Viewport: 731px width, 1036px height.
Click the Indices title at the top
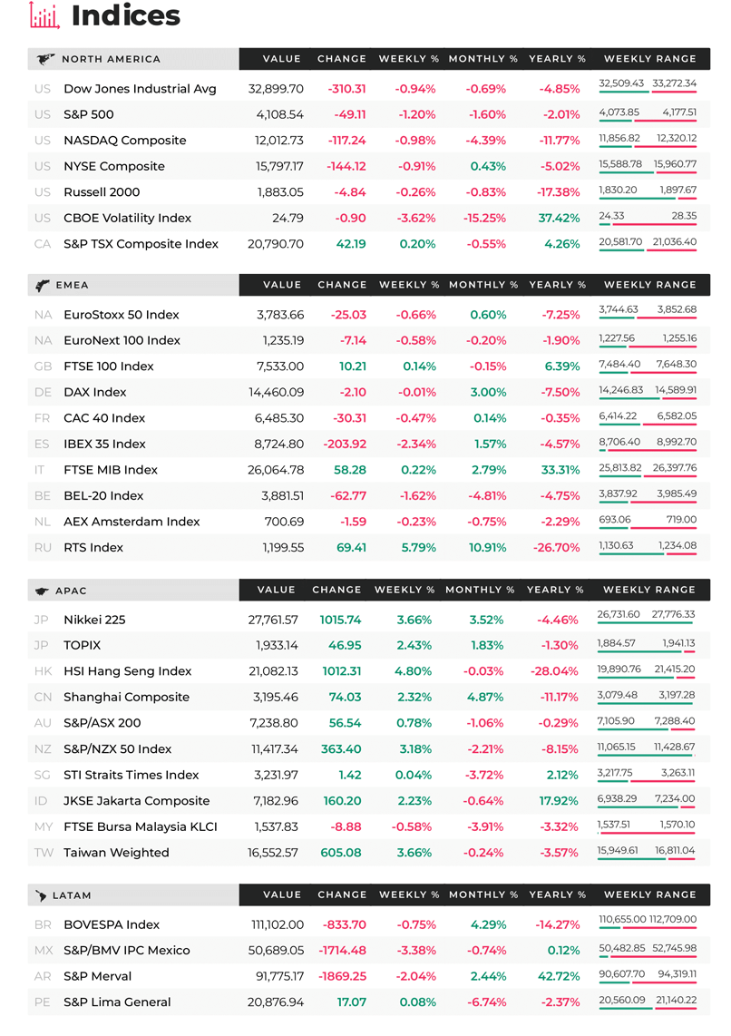pyautogui.click(x=125, y=15)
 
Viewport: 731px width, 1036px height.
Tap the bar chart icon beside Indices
pyautogui.click(x=44, y=15)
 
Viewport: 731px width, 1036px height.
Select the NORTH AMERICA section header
pyautogui.click(x=111, y=59)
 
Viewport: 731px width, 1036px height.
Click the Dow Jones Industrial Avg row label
pyautogui.click(x=140, y=89)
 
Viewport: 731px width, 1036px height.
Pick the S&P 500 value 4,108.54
pyautogui.click(x=280, y=114)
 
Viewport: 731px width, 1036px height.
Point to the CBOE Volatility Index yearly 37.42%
pyautogui.click(x=560, y=218)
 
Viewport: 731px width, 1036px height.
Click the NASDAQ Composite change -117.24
pyautogui.click(x=346, y=140)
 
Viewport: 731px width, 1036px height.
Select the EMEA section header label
pyautogui.click(x=72, y=285)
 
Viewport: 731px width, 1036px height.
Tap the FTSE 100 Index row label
pyautogui.click(x=108, y=366)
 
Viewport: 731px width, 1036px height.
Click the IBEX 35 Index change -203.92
pyautogui.click(x=345, y=444)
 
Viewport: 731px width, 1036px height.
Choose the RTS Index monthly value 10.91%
pyautogui.click(x=487, y=548)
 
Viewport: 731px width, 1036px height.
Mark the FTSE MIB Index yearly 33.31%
pyautogui.click(x=560, y=470)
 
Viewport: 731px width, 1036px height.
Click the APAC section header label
pyautogui.click(x=72, y=591)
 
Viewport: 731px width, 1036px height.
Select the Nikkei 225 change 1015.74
pyautogui.click(x=341, y=620)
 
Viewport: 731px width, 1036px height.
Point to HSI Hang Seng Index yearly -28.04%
pyautogui.click(x=555, y=671)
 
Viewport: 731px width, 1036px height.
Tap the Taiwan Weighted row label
pyautogui.click(x=116, y=853)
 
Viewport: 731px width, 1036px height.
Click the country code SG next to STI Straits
pyautogui.click(x=42, y=775)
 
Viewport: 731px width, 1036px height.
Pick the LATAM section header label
pyautogui.click(x=72, y=895)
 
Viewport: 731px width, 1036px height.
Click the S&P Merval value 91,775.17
pyautogui.click(x=280, y=976)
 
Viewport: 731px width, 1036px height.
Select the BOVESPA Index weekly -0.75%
pyautogui.click(x=416, y=924)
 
